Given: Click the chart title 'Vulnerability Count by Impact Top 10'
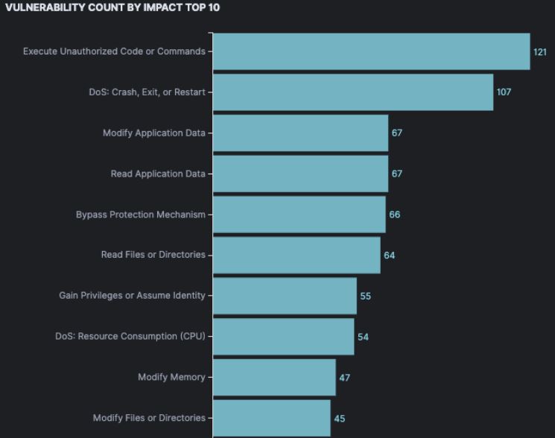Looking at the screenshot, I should tap(112, 7).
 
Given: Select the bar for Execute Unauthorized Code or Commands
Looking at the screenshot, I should tap(371, 51).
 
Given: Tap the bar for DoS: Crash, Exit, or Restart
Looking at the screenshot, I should tap(353, 92).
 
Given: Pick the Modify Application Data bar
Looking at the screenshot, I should tap(300, 133).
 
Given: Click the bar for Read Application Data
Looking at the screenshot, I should tap(300, 174).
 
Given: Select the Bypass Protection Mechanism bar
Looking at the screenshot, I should tap(299, 215).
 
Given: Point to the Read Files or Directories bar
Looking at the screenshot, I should tap(296, 256).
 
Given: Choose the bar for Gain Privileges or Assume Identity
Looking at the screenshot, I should tap(285, 296).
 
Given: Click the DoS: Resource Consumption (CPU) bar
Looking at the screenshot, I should tap(283, 337).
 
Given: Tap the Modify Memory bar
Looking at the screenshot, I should tap(274, 378).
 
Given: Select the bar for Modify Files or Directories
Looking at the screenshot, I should tap(271, 418).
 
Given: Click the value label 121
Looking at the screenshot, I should tap(539, 52).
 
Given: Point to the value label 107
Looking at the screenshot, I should tap(504, 92).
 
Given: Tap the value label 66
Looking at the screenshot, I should tap(395, 215).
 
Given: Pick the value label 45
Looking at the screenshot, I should tap(340, 419).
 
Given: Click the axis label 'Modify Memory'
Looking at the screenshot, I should tap(171, 378).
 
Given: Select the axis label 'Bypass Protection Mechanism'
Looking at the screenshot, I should tap(140, 215).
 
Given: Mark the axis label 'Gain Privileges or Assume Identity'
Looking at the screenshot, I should tap(132, 296).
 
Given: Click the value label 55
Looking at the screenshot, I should tap(365, 296).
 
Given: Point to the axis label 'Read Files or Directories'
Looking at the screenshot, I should tap(153, 255).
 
